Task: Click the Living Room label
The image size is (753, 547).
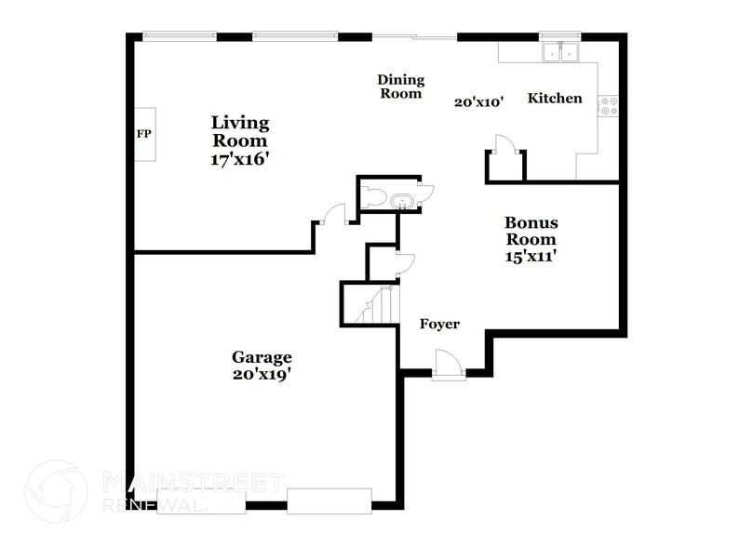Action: (240, 131)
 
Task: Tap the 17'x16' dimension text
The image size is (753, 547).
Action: (240, 159)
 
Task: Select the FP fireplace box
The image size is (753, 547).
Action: (144, 135)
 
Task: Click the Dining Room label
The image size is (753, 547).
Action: (400, 87)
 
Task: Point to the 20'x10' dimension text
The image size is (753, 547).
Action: (478, 103)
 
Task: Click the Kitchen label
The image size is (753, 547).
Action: (555, 99)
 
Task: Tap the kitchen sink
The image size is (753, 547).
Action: (560, 53)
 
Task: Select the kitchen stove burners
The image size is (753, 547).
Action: (610, 106)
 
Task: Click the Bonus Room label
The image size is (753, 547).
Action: (531, 231)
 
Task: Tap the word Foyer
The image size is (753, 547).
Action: (439, 324)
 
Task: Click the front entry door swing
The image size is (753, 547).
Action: (446, 363)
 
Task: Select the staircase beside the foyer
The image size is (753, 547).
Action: (372, 304)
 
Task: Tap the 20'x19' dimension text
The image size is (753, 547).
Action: (262, 375)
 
